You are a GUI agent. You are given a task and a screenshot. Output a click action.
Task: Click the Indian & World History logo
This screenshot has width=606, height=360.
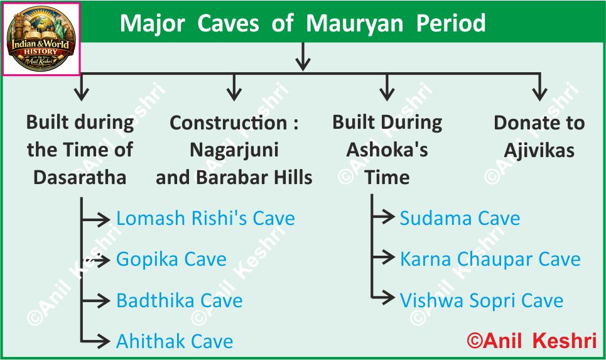41,39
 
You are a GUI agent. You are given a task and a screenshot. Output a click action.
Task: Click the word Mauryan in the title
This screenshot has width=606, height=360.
354,24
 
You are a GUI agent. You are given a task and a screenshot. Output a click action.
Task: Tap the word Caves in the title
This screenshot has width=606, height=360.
228,23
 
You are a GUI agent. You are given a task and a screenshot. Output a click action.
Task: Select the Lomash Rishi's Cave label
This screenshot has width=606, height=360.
205,218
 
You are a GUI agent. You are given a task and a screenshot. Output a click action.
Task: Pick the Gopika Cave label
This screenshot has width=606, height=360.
171,259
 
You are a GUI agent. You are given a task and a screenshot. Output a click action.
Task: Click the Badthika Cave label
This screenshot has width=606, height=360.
180,300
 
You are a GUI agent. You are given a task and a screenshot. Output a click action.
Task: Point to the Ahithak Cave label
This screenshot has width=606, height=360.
175,341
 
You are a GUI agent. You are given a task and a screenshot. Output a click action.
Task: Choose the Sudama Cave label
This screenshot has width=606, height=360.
460,218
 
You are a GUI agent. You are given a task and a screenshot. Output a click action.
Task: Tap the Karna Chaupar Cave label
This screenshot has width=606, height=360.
490,259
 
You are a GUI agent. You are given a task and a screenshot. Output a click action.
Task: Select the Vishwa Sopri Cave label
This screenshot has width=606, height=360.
482,300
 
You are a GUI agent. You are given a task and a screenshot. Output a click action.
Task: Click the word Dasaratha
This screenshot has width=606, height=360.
80,177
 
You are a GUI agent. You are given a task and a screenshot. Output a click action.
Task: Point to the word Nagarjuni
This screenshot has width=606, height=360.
234,150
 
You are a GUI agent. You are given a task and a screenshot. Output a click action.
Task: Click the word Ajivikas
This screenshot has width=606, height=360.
539,150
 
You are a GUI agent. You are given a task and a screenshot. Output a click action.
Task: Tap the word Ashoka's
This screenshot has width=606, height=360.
387,150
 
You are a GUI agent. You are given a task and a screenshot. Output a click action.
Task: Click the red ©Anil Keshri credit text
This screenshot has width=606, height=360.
532,341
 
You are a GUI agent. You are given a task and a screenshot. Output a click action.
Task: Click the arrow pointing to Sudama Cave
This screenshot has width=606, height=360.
383,217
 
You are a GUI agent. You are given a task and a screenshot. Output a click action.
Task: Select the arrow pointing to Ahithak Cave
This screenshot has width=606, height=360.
95,341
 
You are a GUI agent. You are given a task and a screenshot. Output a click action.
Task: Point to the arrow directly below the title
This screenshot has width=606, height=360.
303,57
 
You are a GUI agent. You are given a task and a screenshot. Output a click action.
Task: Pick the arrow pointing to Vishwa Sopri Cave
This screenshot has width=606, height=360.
383,297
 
